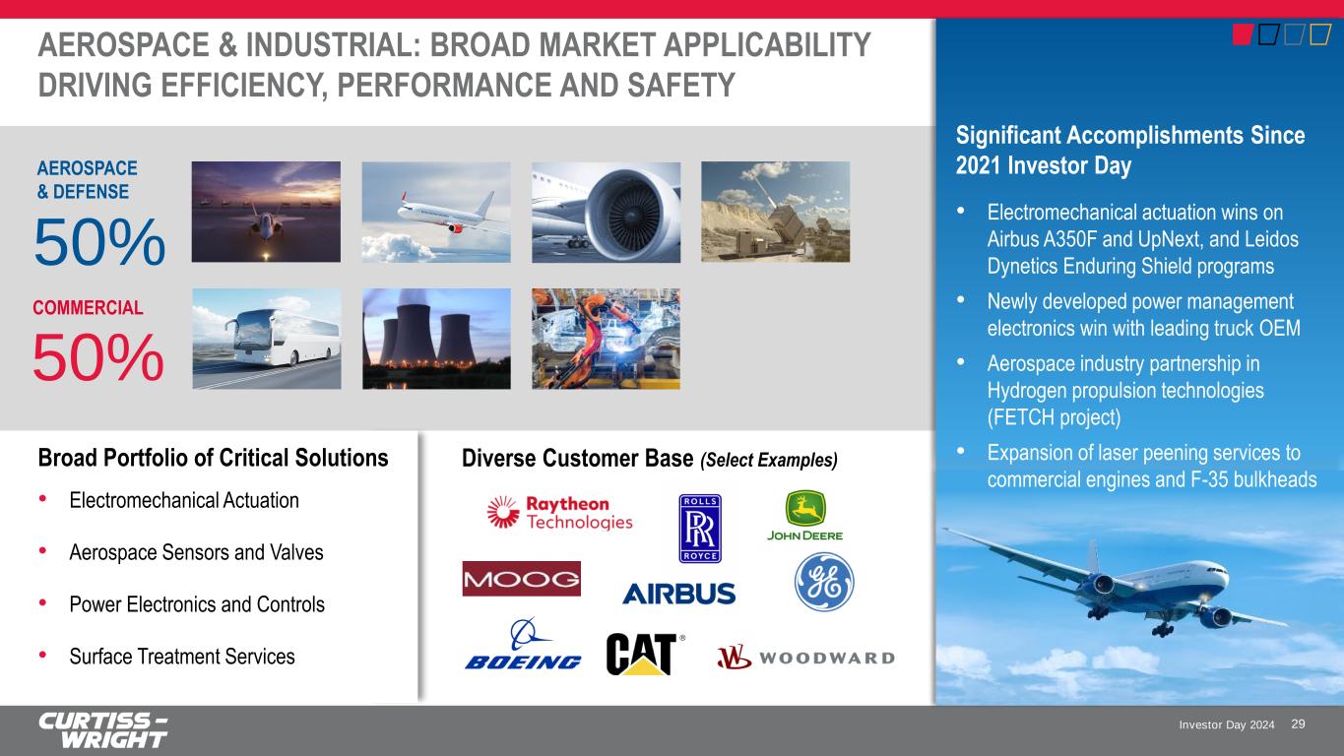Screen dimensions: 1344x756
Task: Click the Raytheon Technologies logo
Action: click(560, 513)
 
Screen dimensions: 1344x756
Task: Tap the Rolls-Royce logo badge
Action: click(700, 529)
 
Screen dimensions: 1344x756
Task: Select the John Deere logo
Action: click(805, 516)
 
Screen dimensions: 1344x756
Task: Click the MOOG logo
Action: click(522, 579)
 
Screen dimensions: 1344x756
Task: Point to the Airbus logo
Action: click(679, 594)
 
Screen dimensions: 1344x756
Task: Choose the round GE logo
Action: click(824, 582)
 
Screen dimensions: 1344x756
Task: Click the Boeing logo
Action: click(523, 644)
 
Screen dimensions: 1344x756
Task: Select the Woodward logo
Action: click(805, 658)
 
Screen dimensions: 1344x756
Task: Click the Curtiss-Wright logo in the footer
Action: click(103, 730)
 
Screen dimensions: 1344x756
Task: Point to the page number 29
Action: click(1298, 724)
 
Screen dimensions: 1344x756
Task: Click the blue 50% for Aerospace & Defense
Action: click(99, 242)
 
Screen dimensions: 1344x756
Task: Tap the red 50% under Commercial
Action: click(97, 357)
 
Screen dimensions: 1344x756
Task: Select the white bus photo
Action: click(267, 339)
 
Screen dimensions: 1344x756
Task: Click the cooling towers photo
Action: click(436, 339)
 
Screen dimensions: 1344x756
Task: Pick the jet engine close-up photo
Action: click(606, 212)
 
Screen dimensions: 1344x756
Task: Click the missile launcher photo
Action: click(775, 212)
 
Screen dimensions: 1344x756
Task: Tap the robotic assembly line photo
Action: click(606, 339)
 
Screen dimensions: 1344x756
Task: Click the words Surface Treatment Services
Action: click(182, 657)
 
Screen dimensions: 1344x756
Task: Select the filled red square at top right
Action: click(1243, 34)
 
